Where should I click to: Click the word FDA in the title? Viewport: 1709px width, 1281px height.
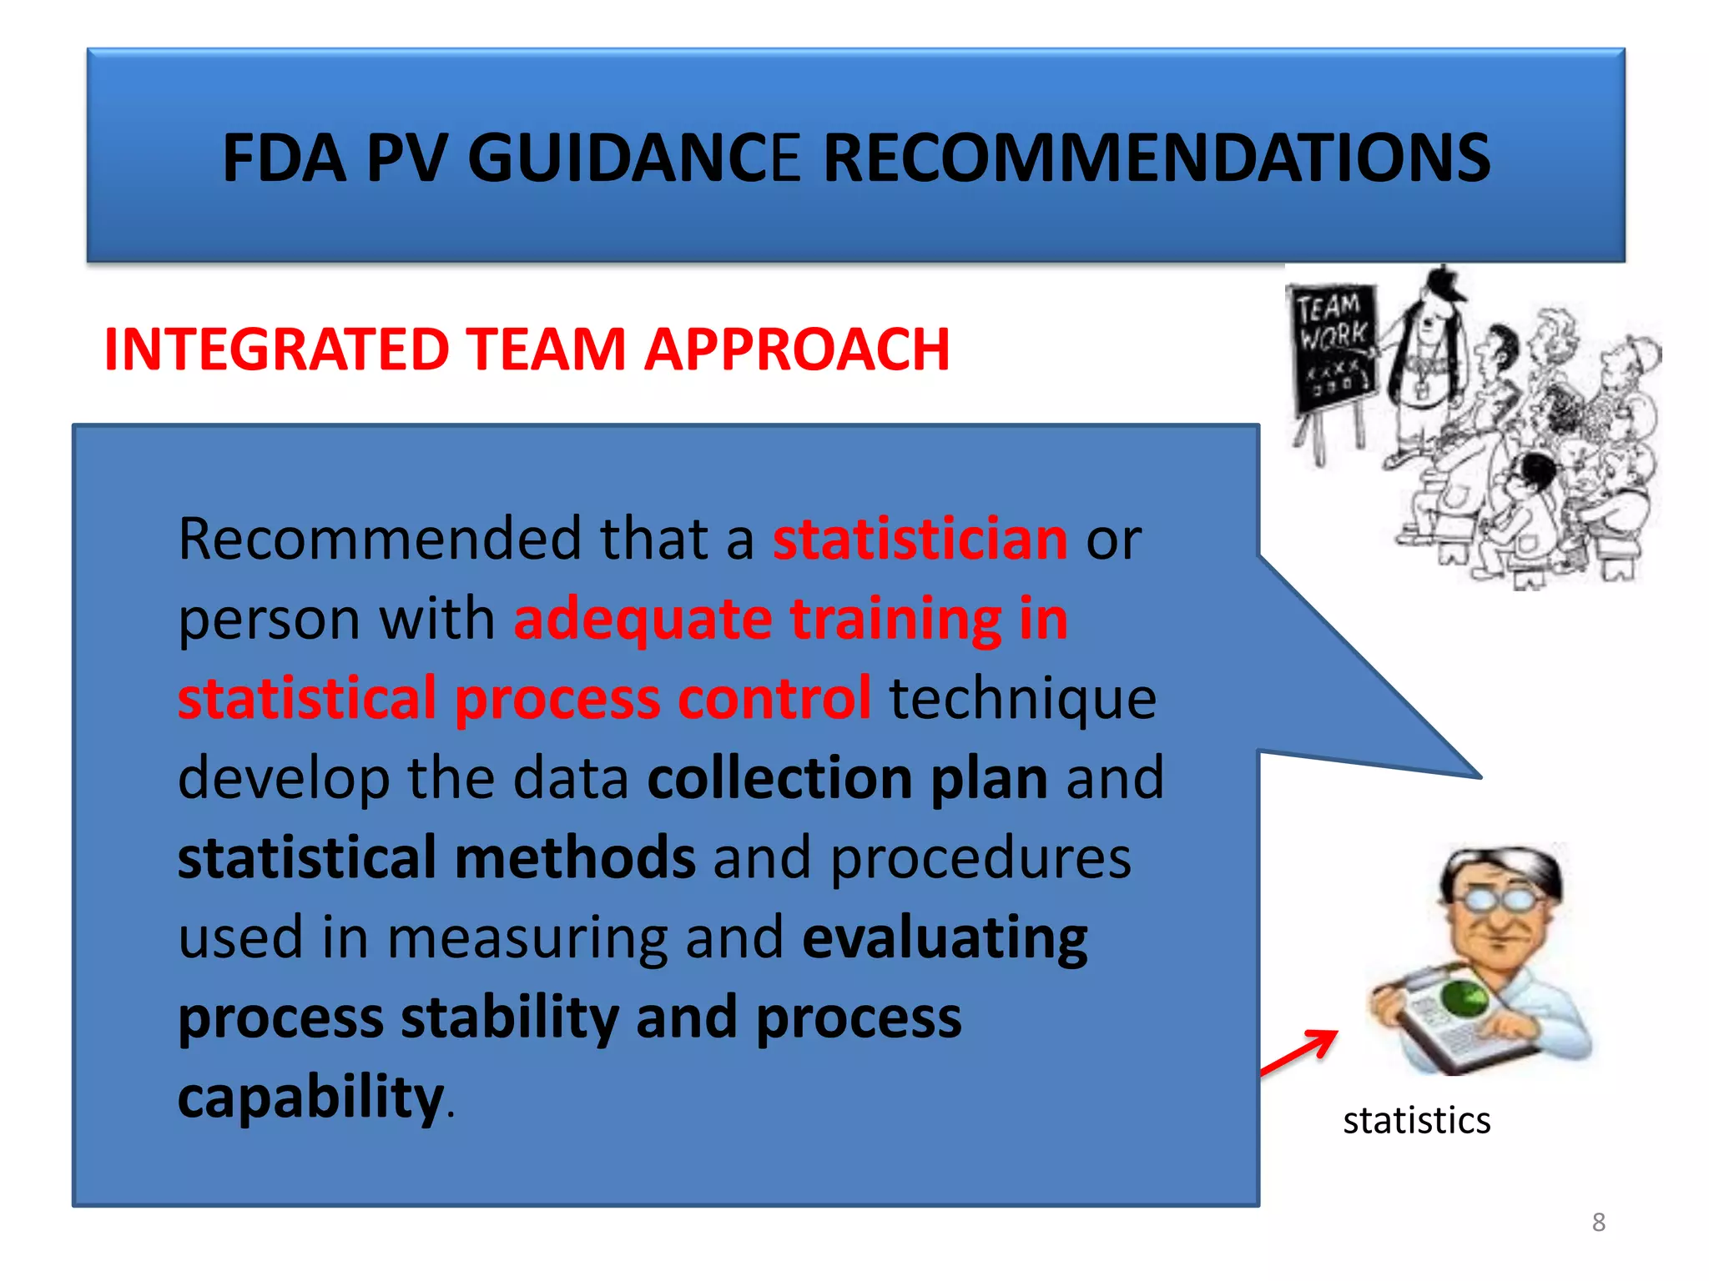click(283, 158)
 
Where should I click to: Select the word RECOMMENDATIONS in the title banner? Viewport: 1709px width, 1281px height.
click(1157, 158)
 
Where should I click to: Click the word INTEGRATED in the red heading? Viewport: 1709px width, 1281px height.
click(276, 349)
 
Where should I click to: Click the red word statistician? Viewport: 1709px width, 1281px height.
click(920, 539)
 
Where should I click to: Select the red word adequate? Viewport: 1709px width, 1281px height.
click(643, 619)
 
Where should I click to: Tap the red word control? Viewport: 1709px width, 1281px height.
click(774, 698)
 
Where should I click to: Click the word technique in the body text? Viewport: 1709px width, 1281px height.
click(1022, 698)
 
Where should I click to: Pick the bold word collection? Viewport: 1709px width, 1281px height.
click(780, 778)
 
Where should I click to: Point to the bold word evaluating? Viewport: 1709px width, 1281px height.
click(945, 937)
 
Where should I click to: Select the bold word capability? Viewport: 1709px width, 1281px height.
click(310, 1097)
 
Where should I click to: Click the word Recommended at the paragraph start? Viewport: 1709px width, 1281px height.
click(380, 539)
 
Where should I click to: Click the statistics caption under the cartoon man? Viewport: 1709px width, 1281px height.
click(1416, 1120)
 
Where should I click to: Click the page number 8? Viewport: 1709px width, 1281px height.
click(1598, 1222)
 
